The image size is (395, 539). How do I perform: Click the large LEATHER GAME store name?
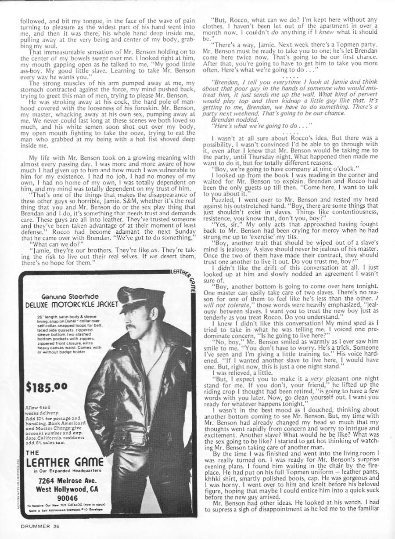pos(65,463)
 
